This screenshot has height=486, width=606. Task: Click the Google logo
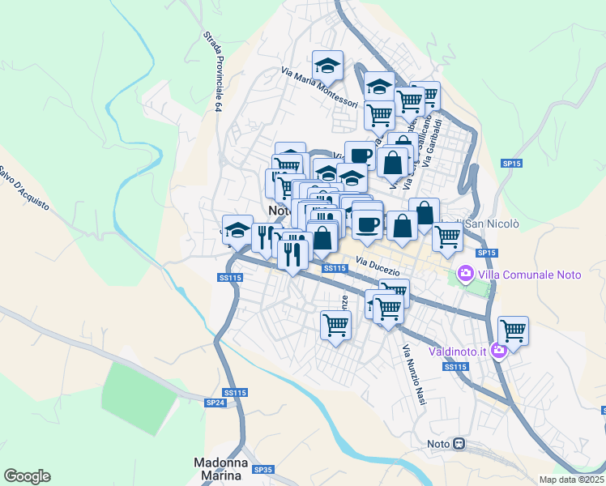click(27, 476)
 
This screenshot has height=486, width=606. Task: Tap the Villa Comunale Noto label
click(529, 275)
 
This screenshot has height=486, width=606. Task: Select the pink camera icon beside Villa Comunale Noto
click(466, 274)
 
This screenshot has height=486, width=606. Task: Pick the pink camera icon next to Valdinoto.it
click(500, 350)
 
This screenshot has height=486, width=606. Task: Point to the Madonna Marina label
click(220, 469)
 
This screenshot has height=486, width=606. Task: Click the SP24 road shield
click(215, 403)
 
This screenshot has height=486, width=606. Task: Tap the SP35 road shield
click(262, 469)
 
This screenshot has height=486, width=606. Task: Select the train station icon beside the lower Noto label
click(459, 443)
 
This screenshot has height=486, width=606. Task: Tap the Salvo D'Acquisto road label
click(24, 189)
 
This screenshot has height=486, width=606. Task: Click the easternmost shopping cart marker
click(513, 330)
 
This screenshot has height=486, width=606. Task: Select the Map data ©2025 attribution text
click(572, 480)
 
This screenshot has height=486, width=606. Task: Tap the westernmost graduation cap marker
click(237, 230)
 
